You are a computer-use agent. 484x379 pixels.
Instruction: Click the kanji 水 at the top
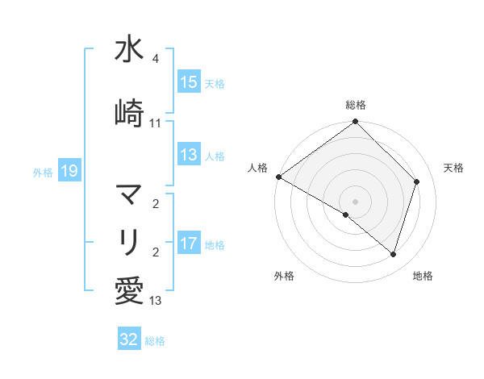click(129, 50)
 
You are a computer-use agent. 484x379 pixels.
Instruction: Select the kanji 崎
click(129, 113)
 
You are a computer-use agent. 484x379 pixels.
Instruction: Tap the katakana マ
click(129, 194)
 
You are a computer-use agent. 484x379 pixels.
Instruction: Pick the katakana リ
click(129, 241)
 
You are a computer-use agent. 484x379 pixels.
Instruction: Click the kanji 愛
click(129, 289)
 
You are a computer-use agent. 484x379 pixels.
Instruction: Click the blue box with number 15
click(189, 82)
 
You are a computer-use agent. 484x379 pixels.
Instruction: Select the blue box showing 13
click(189, 156)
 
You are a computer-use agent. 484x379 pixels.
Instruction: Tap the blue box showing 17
click(189, 244)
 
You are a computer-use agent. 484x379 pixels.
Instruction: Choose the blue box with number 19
click(69, 171)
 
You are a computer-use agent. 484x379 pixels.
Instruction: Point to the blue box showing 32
click(129, 339)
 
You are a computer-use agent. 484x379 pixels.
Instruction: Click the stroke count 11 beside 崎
click(156, 123)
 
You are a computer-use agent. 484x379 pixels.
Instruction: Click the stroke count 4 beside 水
click(156, 60)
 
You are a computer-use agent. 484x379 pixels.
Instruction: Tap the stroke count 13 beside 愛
click(156, 301)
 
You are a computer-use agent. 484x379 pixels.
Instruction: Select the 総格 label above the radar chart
click(356, 105)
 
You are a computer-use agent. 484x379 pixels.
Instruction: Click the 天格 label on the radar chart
click(454, 168)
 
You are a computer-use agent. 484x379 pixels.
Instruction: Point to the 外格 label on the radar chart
click(284, 277)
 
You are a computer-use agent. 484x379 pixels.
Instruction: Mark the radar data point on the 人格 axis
click(278, 177)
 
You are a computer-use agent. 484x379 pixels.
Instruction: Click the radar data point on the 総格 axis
click(356, 123)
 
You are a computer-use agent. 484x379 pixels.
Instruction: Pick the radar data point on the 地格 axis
click(394, 254)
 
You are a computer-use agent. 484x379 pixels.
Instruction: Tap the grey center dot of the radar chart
click(356, 201)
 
